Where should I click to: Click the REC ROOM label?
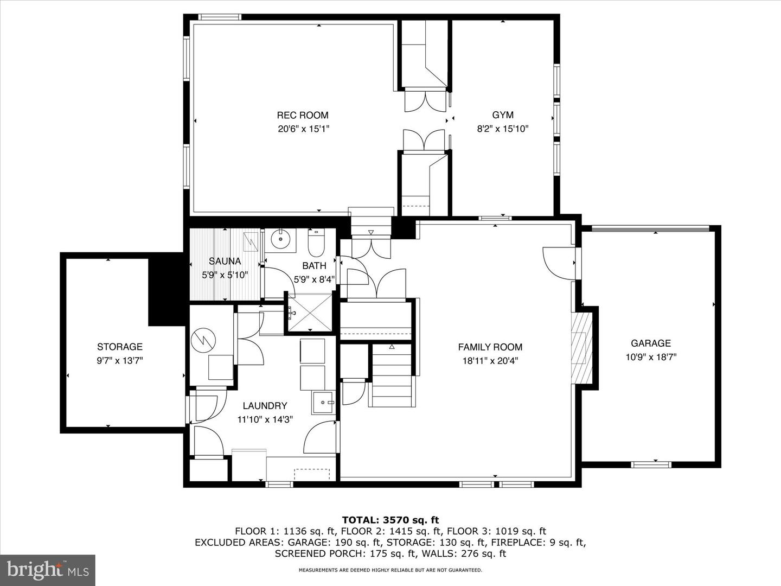point(303,115)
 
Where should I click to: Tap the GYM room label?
point(503,115)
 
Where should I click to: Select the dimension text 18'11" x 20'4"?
point(490,360)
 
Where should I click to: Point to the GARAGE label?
point(650,343)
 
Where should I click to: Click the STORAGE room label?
point(120,347)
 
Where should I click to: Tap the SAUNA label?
point(225,261)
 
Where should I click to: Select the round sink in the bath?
point(280,239)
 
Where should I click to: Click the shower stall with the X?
point(309,313)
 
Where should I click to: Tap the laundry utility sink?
point(323,402)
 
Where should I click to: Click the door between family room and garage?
point(559,263)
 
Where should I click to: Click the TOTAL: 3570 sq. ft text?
point(390,520)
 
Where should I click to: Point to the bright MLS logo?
point(47,570)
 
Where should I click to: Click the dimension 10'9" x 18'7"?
point(650,357)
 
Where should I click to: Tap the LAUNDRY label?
point(265,405)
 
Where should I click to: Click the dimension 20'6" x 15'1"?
point(303,129)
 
